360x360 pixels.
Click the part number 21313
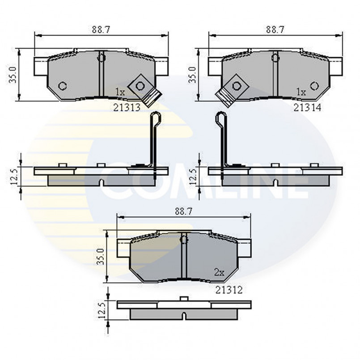coord(127,107)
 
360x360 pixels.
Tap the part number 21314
coord(307,107)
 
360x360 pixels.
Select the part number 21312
coord(229,290)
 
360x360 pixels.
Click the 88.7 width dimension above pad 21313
coord(101,30)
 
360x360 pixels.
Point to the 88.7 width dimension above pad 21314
coord(275,30)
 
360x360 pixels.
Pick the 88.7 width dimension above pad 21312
coord(184,212)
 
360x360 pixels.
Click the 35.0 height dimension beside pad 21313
coord(13,75)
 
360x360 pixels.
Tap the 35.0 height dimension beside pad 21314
coord(192,75)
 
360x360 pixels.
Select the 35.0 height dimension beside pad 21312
coord(101,256)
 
